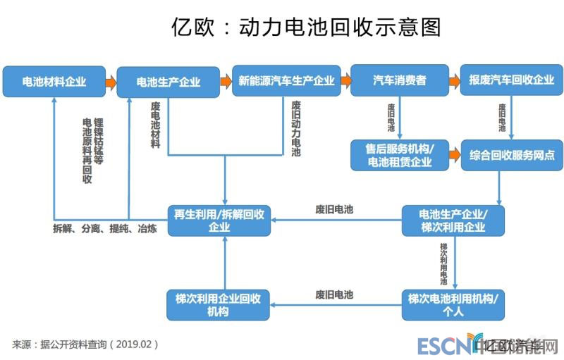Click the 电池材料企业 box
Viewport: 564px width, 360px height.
click(x=54, y=82)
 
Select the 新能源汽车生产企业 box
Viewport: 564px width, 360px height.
click(x=286, y=82)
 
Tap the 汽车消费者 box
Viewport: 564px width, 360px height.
click(x=399, y=81)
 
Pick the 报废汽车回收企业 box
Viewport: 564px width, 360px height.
click(x=511, y=81)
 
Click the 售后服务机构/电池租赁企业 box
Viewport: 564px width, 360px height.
click(x=398, y=155)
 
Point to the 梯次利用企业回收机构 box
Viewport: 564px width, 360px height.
click(x=219, y=304)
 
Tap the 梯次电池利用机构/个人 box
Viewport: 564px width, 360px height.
click(x=453, y=304)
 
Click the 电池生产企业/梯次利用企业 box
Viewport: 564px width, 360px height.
click(x=453, y=221)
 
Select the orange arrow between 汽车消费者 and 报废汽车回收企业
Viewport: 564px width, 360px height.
click(x=454, y=82)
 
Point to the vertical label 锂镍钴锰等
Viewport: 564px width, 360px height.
click(x=98, y=141)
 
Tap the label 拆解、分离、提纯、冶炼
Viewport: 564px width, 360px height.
click(x=105, y=229)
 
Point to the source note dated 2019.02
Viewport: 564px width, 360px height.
click(x=85, y=345)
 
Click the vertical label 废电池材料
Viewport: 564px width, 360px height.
click(x=155, y=124)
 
